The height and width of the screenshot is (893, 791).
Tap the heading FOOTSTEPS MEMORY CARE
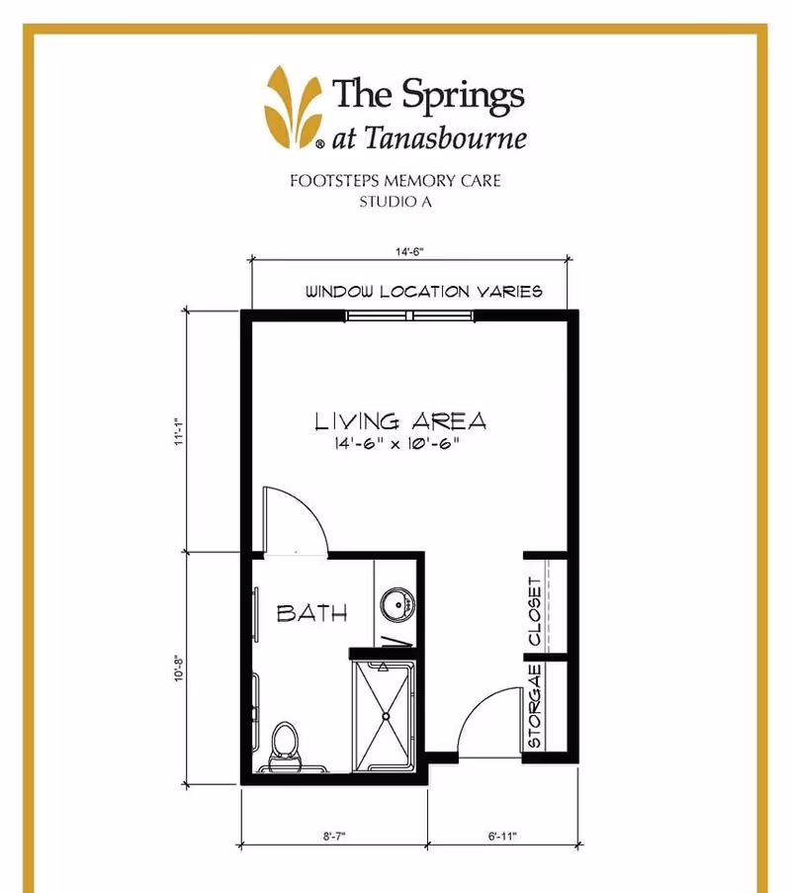coord(395,182)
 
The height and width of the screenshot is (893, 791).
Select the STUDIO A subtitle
coord(395,203)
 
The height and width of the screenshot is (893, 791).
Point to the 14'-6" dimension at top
coord(409,253)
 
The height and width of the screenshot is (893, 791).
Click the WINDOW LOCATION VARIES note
coord(423,292)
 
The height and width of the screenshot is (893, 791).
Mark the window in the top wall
coord(409,316)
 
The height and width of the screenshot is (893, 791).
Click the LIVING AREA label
coord(400,421)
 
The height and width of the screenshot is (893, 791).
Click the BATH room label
coord(311,613)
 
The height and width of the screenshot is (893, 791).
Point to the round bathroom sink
coord(397,603)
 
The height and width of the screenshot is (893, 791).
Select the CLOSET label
coord(535,611)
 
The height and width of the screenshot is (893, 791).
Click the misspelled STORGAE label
coord(535,706)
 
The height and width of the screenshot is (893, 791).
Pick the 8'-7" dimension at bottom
coord(333,836)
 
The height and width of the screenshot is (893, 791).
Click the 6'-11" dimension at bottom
coord(501,836)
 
